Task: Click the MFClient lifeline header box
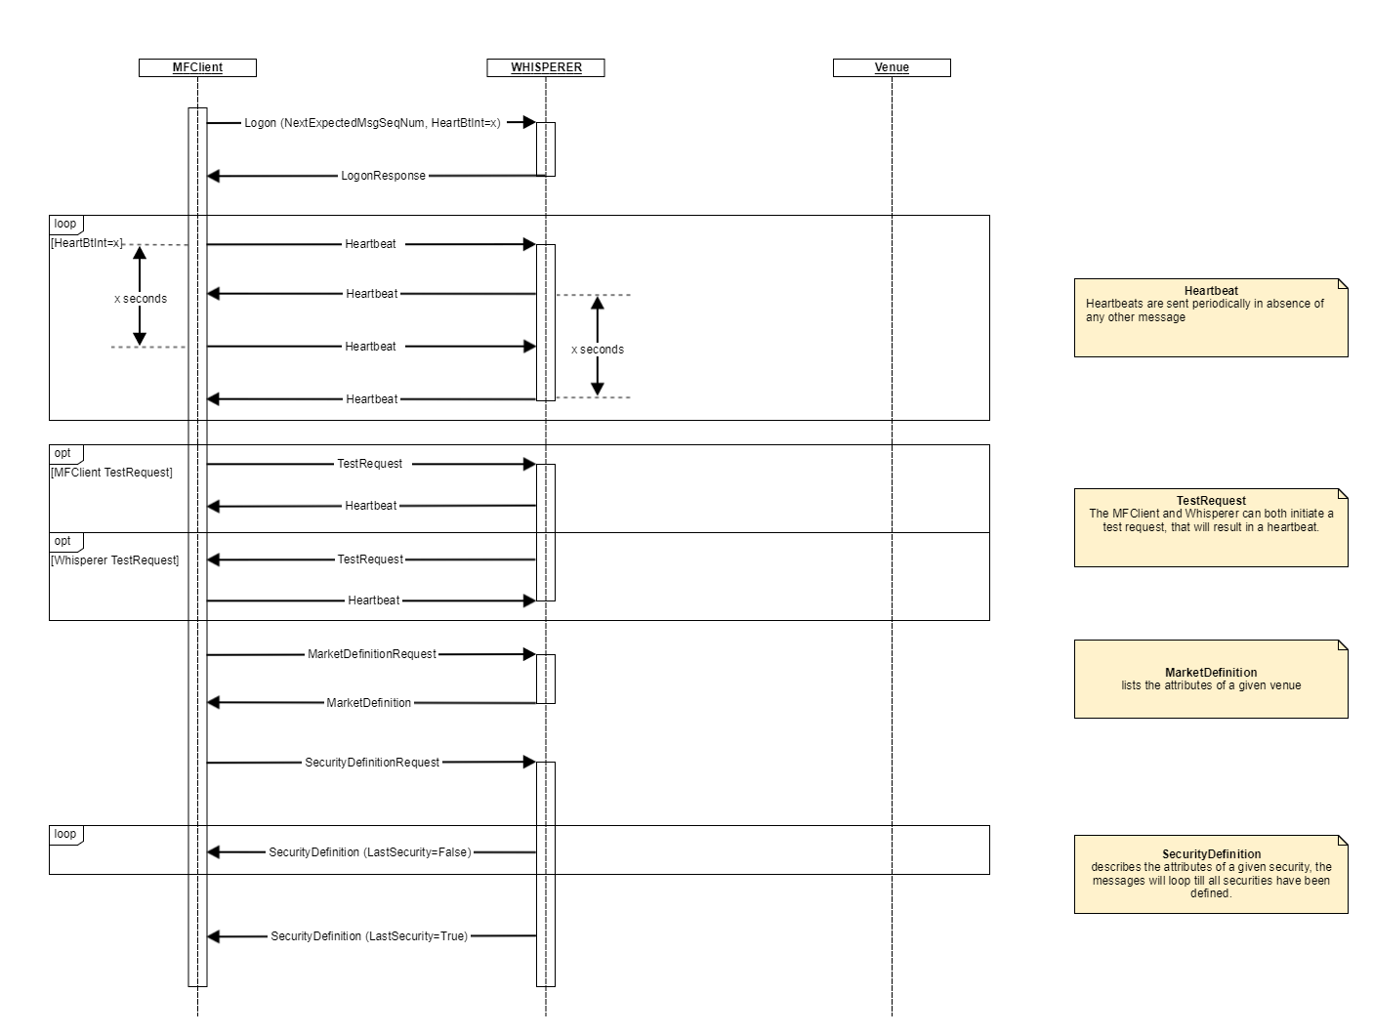197,67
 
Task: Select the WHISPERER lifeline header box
546,67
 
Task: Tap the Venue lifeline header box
892,67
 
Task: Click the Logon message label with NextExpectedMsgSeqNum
372,123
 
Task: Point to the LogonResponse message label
383,176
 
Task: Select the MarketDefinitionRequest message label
372,654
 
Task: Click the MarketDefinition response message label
368,703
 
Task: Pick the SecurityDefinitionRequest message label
372,763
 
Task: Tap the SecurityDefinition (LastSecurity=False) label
370,852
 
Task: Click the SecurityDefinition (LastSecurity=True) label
369,936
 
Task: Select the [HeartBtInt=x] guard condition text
87,243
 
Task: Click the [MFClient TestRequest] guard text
111,473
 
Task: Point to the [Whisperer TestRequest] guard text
115,560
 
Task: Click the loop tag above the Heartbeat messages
65,225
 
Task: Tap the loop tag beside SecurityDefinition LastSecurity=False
65,835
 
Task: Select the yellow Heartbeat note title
1211,291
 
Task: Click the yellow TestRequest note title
1211,501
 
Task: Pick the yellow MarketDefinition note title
1211,673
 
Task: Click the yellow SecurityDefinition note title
1211,854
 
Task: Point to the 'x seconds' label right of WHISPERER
598,350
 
